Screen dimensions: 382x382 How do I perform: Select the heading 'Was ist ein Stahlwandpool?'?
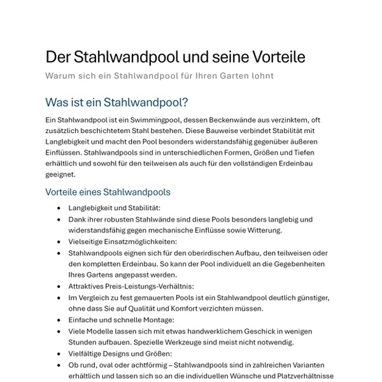(x=117, y=102)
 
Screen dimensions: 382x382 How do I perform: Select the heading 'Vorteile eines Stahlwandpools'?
(x=108, y=192)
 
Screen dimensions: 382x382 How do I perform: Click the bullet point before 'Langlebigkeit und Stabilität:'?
(x=60, y=208)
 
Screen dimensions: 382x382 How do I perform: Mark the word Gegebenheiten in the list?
(x=291, y=264)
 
